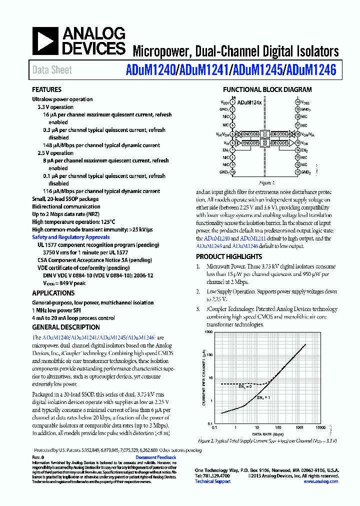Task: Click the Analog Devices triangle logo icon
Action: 45,41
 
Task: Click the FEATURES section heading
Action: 47,90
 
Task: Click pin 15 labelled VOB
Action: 297,142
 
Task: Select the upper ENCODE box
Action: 250,134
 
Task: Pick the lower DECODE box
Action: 279,143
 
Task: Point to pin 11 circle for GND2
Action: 297,172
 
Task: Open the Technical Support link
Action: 212,481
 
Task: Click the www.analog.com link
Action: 320,481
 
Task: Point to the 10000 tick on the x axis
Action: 320,428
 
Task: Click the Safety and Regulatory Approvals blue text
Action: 71,237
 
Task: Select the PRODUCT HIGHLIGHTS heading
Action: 229,257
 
